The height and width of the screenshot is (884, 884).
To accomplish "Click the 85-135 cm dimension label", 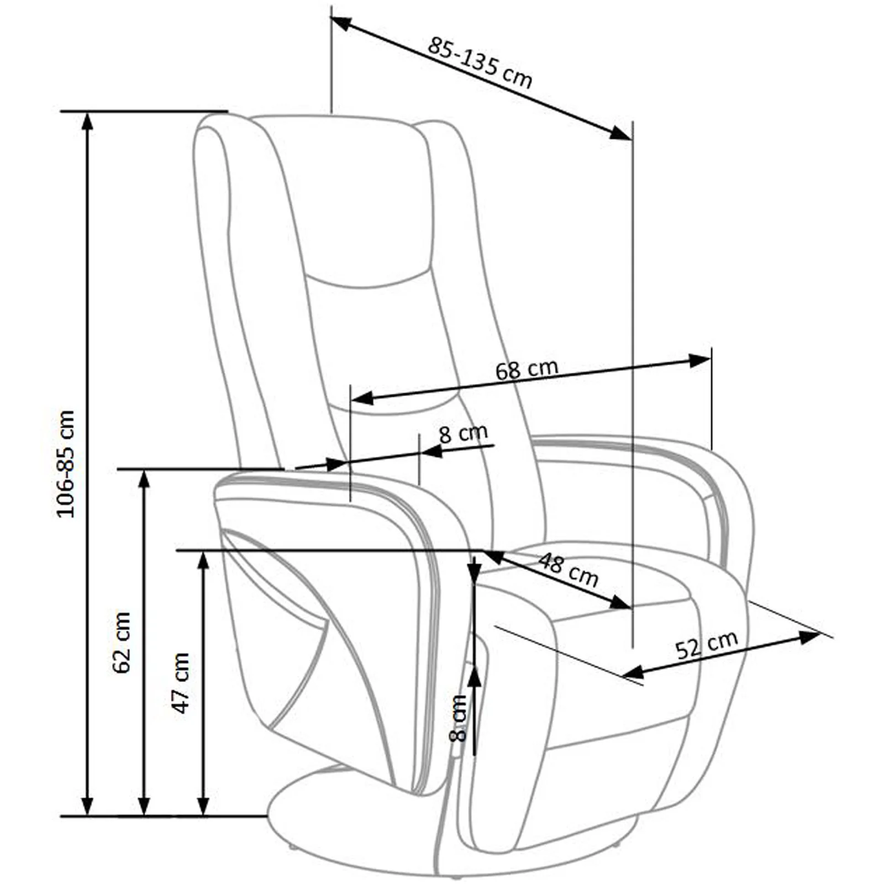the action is click(480, 62).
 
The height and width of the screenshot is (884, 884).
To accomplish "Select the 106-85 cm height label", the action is click(66, 464).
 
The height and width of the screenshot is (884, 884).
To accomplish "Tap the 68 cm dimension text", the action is click(527, 369).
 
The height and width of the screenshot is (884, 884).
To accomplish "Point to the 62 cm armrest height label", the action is click(121, 642).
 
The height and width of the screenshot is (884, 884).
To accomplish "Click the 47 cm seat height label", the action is click(181, 683).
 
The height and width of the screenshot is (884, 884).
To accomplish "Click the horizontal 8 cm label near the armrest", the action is click(464, 433).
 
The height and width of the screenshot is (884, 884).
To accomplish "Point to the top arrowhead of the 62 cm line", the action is click(144, 479).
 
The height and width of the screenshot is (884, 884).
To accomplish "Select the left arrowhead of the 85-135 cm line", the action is click(341, 23).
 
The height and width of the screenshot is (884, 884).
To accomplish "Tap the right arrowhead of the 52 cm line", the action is click(811, 637).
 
